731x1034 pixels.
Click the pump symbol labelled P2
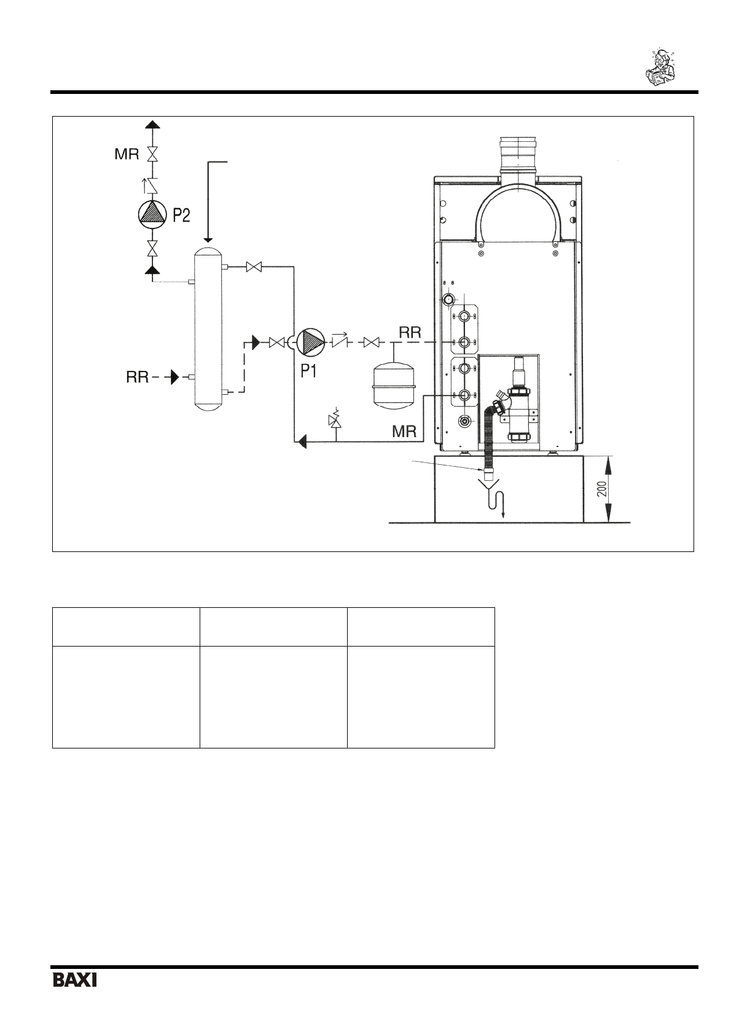(x=152, y=213)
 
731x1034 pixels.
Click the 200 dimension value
(x=601, y=489)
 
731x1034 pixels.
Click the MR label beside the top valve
(x=127, y=154)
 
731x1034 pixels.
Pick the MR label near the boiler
(x=404, y=432)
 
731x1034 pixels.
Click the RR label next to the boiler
(x=410, y=333)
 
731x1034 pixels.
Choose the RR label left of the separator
(x=138, y=377)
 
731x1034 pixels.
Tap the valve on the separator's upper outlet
(x=254, y=267)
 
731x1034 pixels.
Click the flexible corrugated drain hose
(x=489, y=436)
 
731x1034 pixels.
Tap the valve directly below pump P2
(x=152, y=248)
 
